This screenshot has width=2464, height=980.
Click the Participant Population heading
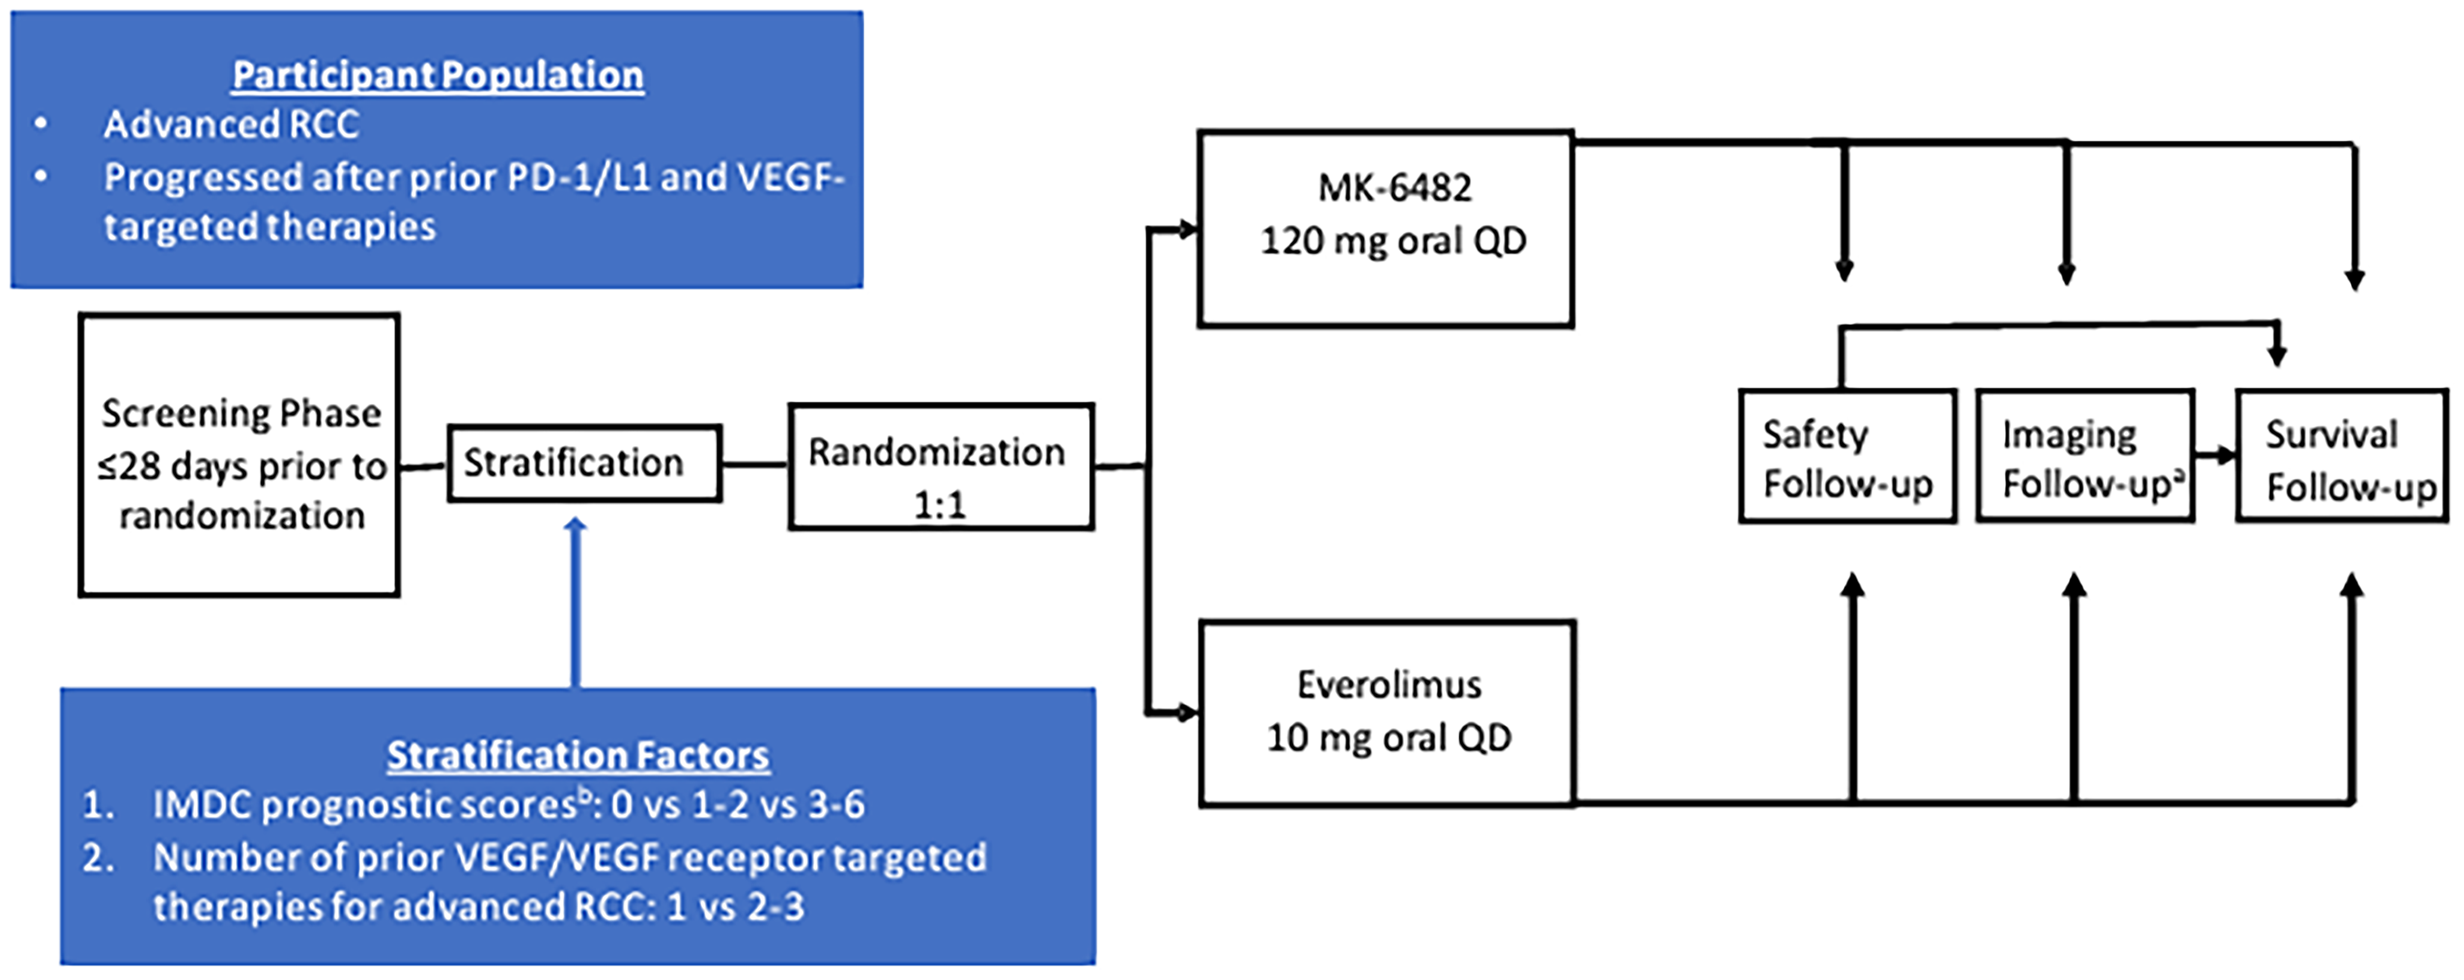tap(438, 74)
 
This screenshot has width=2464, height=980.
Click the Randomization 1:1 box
tap(941, 466)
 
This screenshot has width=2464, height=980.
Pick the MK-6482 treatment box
tap(1386, 230)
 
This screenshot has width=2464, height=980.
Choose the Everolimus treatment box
tap(1387, 712)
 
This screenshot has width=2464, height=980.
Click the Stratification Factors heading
tap(578, 755)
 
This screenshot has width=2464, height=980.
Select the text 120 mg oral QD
tap(1393, 241)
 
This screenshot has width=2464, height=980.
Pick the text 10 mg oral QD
tap(1389, 738)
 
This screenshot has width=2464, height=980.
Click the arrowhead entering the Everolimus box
tap(1186, 712)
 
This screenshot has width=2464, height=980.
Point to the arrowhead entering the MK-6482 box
tap(1187, 230)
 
